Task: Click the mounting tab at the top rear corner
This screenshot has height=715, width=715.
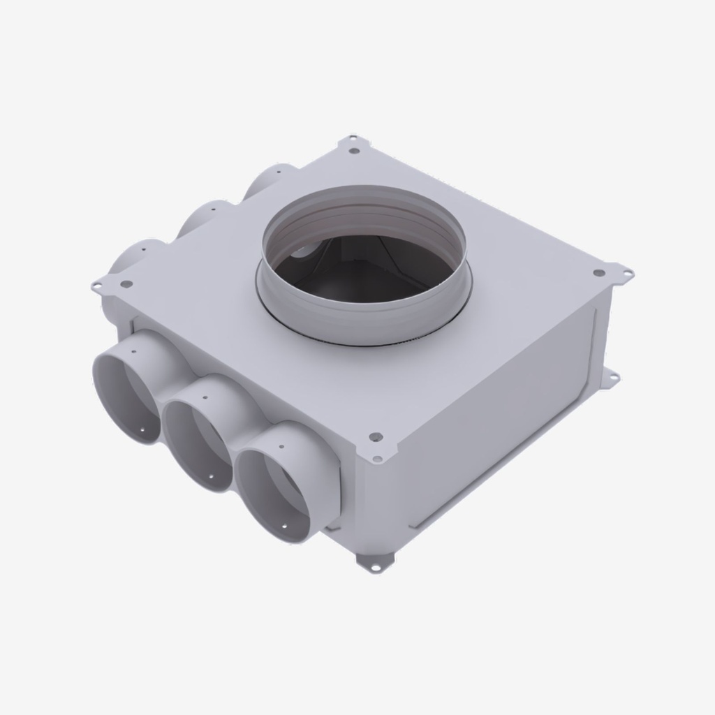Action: point(354,145)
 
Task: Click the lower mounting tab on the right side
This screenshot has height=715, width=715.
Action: point(610,378)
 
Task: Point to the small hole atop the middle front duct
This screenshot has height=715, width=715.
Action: point(206,397)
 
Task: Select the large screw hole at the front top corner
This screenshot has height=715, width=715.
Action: point(376,438)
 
